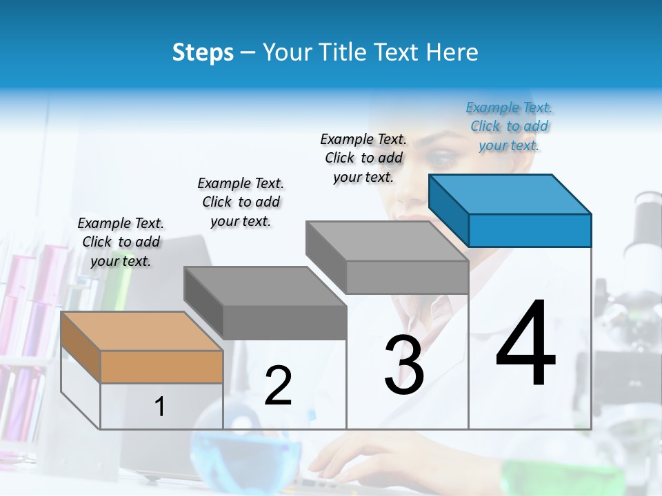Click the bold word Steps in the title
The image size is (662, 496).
pos(203,52)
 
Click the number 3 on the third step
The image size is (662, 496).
pos(404,364)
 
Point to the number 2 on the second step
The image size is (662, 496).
pos(278,385)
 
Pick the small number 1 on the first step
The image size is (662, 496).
pos(160,406)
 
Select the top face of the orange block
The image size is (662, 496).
pos(141,331)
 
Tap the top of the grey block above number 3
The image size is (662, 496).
pos(387,241)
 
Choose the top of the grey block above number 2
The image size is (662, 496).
pos(265,286)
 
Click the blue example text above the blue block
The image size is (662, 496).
pos(509,126)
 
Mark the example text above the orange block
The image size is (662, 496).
pos(121,242)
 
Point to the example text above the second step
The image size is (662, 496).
pos(241,202)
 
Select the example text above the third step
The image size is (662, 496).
pos(363,158)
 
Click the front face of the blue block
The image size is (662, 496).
pos(530,230)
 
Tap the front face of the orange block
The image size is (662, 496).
pos(161,366)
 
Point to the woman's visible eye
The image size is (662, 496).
pos(442,160)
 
